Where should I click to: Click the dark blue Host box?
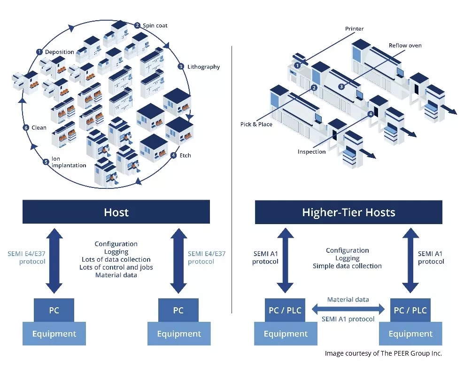click(x=116, y=212)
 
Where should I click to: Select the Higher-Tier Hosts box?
click(x=348, y=212)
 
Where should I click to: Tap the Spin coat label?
click(x=155, y=25)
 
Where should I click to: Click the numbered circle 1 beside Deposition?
click(x=39, y=52)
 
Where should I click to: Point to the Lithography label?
click(x=204, y=67)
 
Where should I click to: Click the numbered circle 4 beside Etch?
click(x=174, y=155)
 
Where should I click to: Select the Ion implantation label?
click(x=69, y=162)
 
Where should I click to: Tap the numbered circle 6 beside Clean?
click(x=26, y=128)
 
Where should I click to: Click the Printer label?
click(x=354, y=29)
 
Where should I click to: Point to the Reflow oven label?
click(x=405, y=45)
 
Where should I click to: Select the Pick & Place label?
click(x=256, y=125)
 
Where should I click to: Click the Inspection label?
click(x=311, y=152)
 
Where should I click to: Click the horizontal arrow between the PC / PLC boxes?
click(x=348, y=310)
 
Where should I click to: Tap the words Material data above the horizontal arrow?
click(x=348, y=299)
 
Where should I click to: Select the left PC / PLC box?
click(x=285, y=310)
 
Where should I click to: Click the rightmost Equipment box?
click(x=410, y=334)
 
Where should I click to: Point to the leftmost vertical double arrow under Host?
click(x=54, y=261)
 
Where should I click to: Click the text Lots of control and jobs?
click(x=116, y=267)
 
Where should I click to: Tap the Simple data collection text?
click(x=347, y=266)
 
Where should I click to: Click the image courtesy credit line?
click(x=383, y=353)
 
